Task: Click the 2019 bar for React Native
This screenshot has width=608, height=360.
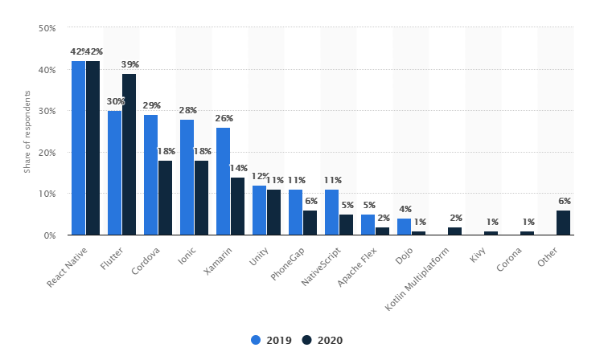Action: coord(78,148)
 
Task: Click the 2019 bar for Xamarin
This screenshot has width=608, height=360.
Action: coord(223,182)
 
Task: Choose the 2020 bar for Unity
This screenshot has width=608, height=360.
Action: coord(273,212)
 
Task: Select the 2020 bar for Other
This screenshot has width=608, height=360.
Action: coord(564,223)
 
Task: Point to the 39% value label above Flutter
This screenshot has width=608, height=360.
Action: coord(130,64)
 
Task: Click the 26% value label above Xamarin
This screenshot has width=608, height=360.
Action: coord(224,118)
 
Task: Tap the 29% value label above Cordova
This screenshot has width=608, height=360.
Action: coord(151,105)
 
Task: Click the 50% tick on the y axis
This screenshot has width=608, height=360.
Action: coord(47,28)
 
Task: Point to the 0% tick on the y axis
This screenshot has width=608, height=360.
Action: coord(49,235)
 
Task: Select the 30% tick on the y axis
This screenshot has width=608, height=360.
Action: coord(47,111)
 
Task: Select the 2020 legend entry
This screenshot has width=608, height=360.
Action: coord(322,340)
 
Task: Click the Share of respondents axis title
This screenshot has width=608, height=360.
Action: coord(27,132)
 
